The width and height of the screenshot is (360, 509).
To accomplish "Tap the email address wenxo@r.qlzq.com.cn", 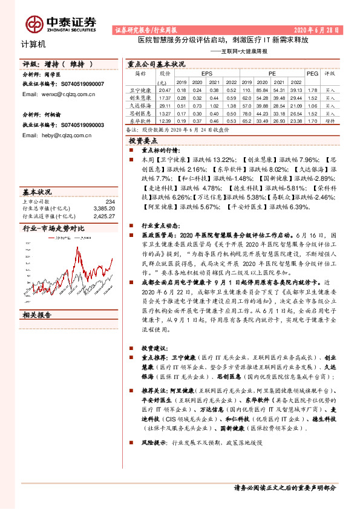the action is tap(60, 94).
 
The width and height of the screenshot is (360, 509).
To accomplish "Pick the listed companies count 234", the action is tap(110, 201).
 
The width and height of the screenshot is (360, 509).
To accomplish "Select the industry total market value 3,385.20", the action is tap(105, 209).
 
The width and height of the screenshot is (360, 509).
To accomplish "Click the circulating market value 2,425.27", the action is tap(105, 215).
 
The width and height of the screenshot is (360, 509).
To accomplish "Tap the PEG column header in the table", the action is tap(312, 73).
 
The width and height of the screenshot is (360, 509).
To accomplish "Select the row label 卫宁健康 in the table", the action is tap(140, 89).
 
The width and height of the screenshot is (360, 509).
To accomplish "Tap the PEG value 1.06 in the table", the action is tap(312, 105).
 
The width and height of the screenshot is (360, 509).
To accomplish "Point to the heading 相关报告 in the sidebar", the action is tap(37, 315).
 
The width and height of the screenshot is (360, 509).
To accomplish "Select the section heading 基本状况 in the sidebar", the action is tap(37, 190).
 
